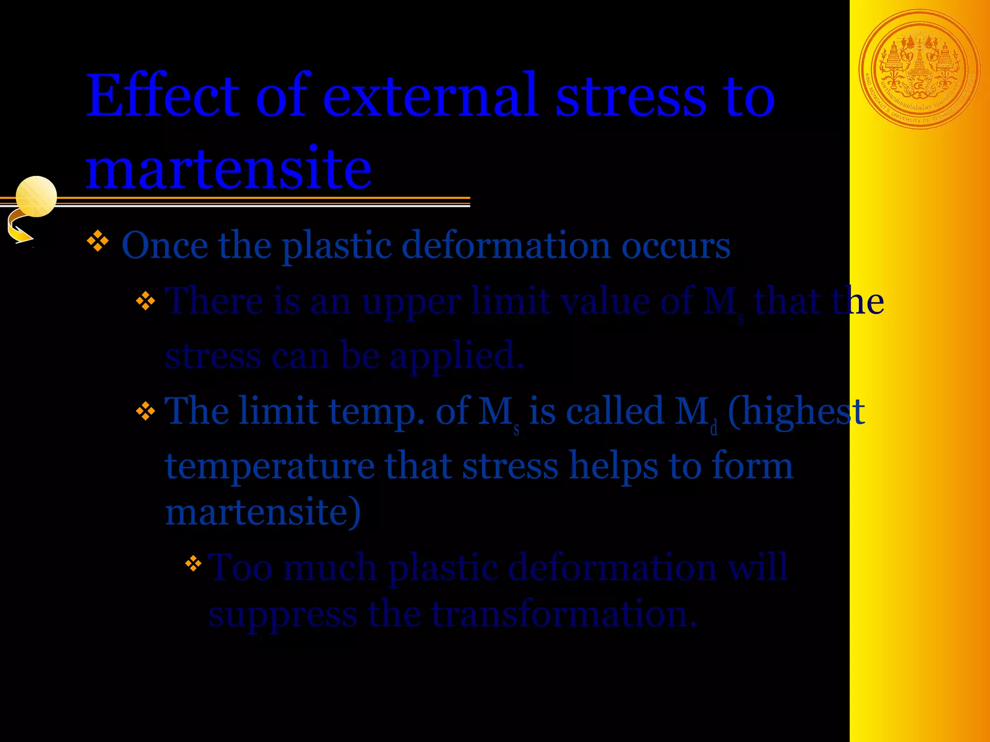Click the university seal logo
point(919,69)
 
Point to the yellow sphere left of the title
point(36,196)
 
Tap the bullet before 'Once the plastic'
point(98,241)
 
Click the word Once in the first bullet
point(165,245)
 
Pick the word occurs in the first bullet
point(675,245)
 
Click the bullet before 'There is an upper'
point(146,301)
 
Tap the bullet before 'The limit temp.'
point(146,412)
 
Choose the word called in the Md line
point(615,412)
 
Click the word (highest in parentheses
point(796,412)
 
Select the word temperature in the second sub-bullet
point(270,466)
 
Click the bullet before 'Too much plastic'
point(193,563)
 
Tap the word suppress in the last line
point(283,614)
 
